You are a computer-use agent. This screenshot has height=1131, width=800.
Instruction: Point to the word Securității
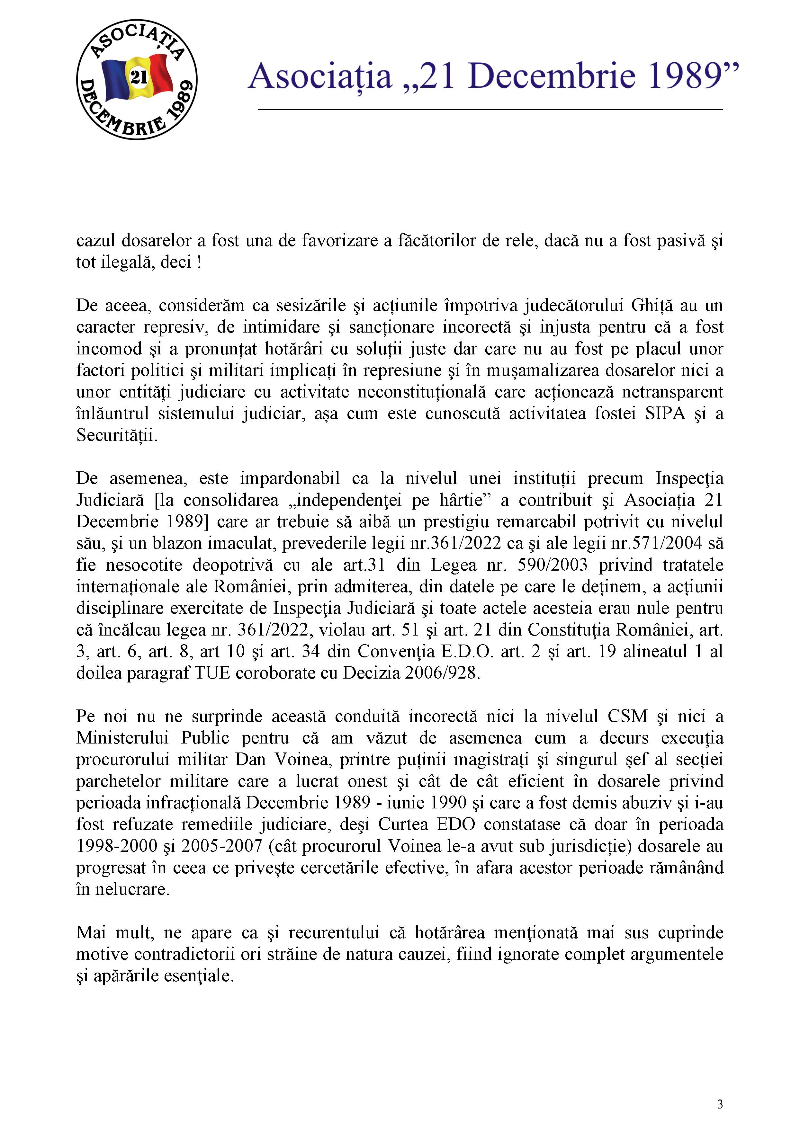(x=117, y=435)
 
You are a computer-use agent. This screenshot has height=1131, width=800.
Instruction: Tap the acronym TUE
(x=212, y=673)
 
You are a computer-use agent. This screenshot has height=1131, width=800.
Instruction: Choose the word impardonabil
(x=290, y=478)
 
